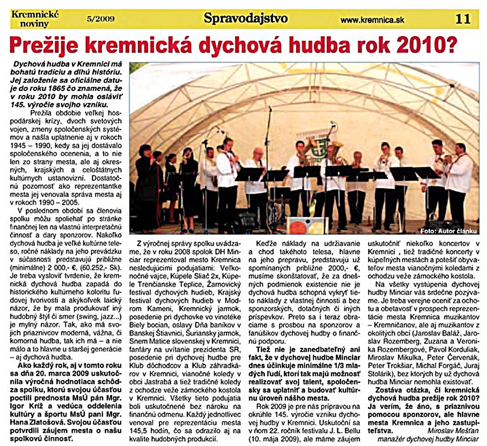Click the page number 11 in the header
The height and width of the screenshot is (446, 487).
pyautogui.click(x=464, y=19)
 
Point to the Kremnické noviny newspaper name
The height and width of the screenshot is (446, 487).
pyautogui.click(x=35, y=18)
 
